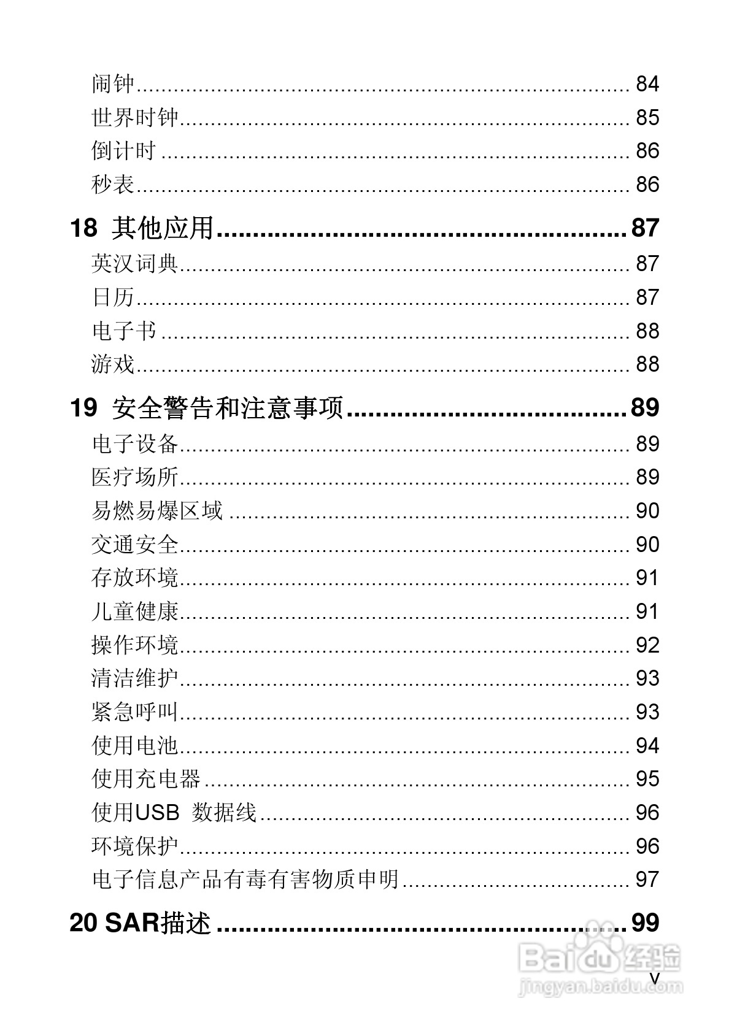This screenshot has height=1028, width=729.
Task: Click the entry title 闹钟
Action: [x=113, y=83]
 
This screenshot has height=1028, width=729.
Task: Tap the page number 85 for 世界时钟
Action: [x=647, y=117]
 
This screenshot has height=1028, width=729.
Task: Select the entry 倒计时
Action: [x=124, y=151]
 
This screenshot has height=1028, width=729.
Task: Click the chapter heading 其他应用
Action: [x=163, y=228]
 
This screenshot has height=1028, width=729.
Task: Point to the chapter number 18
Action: [x=83, y=228]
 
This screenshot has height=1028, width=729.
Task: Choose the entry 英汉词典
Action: [x=134, y=264]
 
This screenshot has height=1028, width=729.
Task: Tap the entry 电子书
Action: [x=124, y=331]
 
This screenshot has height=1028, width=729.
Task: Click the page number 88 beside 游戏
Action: [x=647, y=364]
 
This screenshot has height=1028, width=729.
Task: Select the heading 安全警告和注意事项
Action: [x=227, y=407]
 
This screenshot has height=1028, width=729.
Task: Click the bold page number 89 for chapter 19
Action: [x=645, y=407]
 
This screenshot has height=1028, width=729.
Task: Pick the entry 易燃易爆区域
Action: [x=156, y=511]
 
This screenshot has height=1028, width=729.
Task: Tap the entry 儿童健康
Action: [x=134, y=612]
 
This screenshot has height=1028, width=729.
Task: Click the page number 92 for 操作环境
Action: [x=647, y=645]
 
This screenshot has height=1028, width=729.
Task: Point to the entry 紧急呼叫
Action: [x=134, y=712]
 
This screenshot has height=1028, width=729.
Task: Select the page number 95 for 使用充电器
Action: [x=647, y=779]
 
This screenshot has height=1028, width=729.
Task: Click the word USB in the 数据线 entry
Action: [x=156, y=813]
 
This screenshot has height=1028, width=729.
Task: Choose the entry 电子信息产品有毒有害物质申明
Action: [x=245, y=880]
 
